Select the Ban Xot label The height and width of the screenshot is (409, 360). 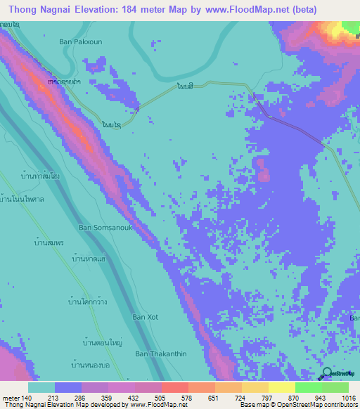tap(146, 317)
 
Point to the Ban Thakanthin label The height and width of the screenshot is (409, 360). tap(160, 353)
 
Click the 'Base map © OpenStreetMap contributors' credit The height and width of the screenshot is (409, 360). tap(297, 404)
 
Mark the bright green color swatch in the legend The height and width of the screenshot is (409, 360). tap(309, 388)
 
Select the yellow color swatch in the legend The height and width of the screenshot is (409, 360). tap(282, 388)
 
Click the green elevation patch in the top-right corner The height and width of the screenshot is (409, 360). tap(350, 27)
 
